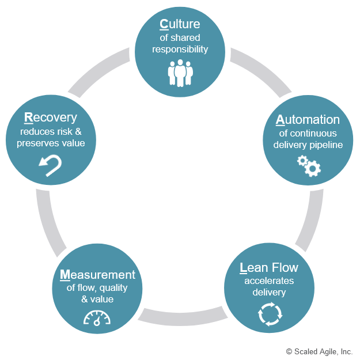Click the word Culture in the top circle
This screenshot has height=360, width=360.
(180, 24)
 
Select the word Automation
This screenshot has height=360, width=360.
(308, 120)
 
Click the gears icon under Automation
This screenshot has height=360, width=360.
(308, 165)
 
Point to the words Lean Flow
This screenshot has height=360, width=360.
(269, 267)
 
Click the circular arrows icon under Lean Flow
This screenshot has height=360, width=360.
(270, 313)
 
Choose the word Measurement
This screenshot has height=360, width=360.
(97, 275)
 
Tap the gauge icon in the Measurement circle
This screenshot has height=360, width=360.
(96, 318)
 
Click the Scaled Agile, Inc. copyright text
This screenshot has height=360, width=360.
(319, 351)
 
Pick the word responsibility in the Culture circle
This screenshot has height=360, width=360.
(180, 50)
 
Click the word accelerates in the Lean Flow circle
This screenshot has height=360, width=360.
(269, 281)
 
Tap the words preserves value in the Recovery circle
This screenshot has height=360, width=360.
(51, 143)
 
